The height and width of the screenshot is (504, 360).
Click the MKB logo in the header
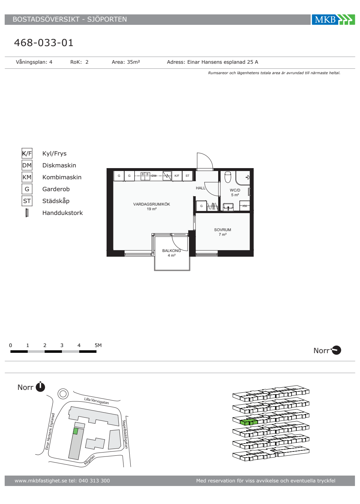(x=333, y=19)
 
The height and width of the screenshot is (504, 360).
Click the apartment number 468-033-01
(x=44, y=43)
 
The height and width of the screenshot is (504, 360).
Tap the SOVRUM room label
(x=222, y=230)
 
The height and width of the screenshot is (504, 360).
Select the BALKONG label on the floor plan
(x=171, y=251)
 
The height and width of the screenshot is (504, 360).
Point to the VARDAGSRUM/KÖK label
(x=152, y=204)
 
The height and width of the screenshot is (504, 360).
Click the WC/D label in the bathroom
(x=235, y=190)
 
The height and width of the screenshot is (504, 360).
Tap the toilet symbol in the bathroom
(x=228, y=177)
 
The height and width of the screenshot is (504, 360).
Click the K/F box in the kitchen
(x=177, y=176)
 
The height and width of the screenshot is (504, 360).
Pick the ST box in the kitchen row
(x=188, y=176)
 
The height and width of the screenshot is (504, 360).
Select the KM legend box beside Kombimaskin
(x=27, y=177)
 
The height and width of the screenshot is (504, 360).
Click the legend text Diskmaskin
(x=59, y=165)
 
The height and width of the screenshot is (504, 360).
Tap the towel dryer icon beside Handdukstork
(x=27, y=213)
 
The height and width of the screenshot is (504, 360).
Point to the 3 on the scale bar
(x=62, y=345)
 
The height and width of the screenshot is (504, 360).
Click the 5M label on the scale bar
(x=98, y=345)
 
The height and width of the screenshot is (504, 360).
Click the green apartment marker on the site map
(x=76, y=431)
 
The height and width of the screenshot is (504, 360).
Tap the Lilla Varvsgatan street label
(x=96, y=401)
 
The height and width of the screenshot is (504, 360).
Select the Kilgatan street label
(x=89, y=460)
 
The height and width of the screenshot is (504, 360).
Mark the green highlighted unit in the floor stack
(x=249, y=422)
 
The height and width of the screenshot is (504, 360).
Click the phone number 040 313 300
(x=94, y=481)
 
